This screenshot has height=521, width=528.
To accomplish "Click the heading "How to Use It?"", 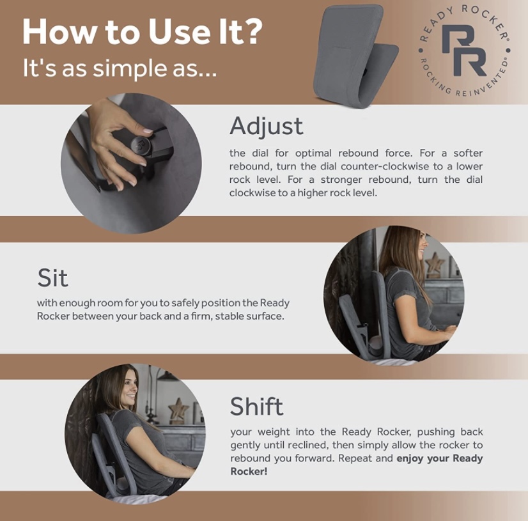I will coord(142,32).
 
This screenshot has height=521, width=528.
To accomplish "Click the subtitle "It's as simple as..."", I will coord(120,68).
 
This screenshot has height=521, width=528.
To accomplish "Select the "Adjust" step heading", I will coord(266,126).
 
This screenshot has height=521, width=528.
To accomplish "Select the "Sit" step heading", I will coord(52,278).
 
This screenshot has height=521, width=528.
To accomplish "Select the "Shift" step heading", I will coord(256,406).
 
